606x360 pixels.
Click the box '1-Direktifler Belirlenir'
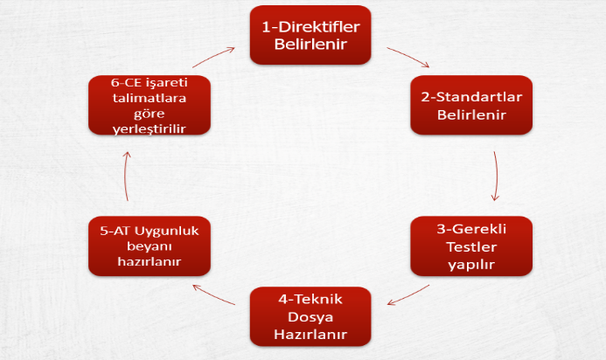[x=310, y=35]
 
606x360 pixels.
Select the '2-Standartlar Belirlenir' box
[x=471, y=105]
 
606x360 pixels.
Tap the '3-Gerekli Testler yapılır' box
[x=471, y=246]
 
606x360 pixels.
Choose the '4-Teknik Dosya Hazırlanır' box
[x=310, y=316]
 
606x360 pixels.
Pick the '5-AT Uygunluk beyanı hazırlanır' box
[x=150, y=246]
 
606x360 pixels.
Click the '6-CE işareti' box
[x=150, y=105]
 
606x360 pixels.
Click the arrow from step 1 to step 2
[x=408, y=57]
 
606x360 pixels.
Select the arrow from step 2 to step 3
[x=496, y=177]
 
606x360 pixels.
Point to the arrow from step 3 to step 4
[x=408, y=295]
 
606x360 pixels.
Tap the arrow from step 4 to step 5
[x=213, y=294]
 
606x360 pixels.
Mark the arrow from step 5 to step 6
[x=125, y=177]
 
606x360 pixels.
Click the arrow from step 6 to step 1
[x=213, y=57]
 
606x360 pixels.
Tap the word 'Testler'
[x=471, y=246]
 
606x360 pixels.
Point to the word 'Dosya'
[x=310, y=317]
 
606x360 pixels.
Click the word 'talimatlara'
[x=150, y=98]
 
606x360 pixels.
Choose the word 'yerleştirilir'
[x=150, y=129]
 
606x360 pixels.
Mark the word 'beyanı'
[x=150, y=246]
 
